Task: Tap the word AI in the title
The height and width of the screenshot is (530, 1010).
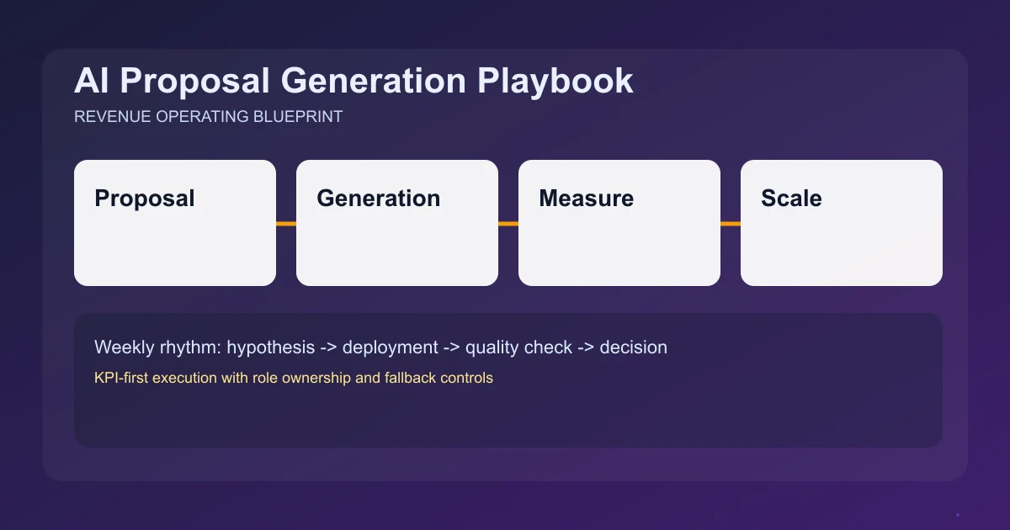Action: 92,81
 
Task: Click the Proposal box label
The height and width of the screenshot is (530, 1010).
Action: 145,199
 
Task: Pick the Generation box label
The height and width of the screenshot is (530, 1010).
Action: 378,199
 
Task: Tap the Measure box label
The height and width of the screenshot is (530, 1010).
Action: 586,199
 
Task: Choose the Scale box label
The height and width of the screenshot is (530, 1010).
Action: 791,199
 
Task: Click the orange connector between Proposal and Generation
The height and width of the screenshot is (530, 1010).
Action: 286,224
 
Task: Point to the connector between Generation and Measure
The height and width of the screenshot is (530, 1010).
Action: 508,224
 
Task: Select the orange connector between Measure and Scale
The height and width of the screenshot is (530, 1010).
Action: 731,224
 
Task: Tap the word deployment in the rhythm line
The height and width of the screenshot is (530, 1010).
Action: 390,347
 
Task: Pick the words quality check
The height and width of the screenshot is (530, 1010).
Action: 518,347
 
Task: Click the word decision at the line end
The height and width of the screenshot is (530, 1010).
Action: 633,347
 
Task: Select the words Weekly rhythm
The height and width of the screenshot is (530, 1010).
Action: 157,347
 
